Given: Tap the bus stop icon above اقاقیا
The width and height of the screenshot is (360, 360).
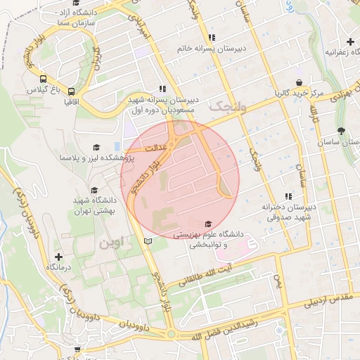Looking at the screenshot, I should tap(71, 91).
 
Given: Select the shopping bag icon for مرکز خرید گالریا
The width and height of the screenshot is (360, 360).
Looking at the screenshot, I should tap(298, 82).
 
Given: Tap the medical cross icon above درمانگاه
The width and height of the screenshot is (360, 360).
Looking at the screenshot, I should tap(58, 257).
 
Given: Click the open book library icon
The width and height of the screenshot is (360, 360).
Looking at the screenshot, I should tap(147, 241).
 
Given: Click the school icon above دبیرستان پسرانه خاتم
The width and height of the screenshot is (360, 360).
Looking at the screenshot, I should tap(211, 37).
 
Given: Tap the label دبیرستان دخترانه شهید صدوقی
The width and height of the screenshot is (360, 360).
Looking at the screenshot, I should tap(286, 212).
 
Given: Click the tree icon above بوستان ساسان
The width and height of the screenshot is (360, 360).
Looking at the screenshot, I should tap(342, 130).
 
